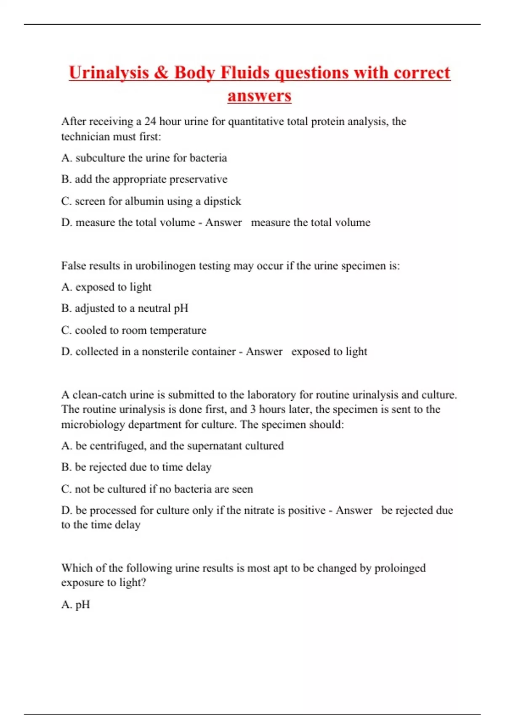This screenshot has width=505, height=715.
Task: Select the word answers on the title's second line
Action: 259,95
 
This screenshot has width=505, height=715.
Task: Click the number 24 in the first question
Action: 150,122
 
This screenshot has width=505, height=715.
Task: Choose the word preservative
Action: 198,180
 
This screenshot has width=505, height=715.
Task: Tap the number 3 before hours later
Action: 253,409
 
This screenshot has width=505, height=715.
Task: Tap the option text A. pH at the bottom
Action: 76,605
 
